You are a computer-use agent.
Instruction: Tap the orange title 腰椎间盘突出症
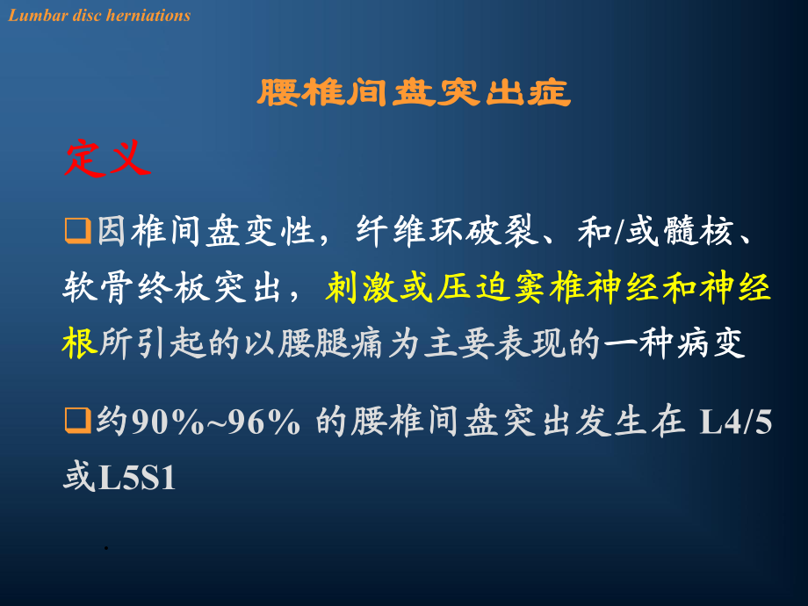click(x=414, y=93)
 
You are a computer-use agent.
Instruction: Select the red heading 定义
click(x=108, y=158)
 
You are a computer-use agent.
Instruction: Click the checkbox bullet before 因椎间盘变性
click(x=78, y=230)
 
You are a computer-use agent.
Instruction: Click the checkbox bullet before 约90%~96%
click(x=78, y=421)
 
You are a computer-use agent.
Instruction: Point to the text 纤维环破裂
click(x=446, y=230)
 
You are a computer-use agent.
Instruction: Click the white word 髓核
click(x=699, y=230)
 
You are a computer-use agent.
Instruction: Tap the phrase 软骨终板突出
click(x=171, y=287)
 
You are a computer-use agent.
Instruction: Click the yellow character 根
click(x=80, y=343)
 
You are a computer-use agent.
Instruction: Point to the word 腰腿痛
click(x=331, y=343)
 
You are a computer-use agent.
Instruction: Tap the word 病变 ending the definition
click(x=711, y=343)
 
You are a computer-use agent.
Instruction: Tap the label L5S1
click(x=137, y=478)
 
